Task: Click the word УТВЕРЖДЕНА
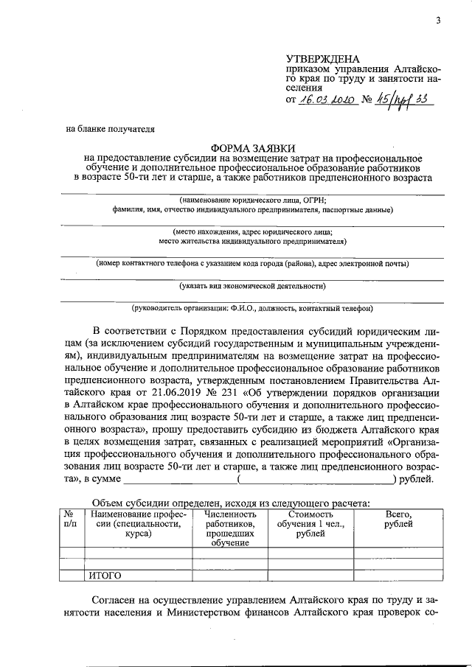(322, 59)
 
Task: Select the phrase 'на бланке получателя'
(111, 129)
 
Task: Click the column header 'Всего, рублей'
(398, 519)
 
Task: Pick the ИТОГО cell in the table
(105, 576)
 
